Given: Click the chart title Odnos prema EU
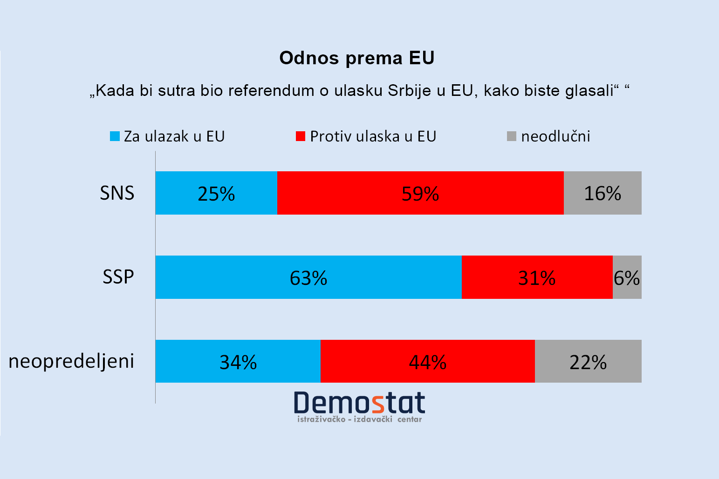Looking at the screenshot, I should click(x=357, y=58).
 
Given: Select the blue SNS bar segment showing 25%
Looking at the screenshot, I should click(x=216, y=193).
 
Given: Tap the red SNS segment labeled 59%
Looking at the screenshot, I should click(x=420, y=193).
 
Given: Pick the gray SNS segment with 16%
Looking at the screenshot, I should click(x=603, y=193).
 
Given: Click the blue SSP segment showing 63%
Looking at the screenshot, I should click(x=308, y=277).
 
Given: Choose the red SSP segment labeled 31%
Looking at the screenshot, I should click(x=537, y=277).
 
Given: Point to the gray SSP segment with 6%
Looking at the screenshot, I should click(x=627, y=277).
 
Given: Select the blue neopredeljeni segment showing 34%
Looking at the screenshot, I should click(x=238, y=362).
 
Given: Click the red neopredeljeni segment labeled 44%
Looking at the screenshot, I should click(x=428, y=362).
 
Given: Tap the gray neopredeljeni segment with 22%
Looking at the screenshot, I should click(x=588, y=362).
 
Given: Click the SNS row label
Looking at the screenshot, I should click(x=117, y=193).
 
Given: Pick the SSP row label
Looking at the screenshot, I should click(x=118, y=277).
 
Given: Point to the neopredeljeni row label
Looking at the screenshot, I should click(x=71, y=362).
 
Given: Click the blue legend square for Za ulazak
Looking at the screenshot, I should click(x=115, y=136).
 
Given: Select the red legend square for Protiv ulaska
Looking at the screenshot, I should click(x=301, y=136).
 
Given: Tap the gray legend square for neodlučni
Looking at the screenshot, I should click(x=512, y=136).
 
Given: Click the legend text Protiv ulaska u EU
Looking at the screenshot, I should click(x=373, y=136).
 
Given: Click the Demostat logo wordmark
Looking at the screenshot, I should click(x=359, y=403).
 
